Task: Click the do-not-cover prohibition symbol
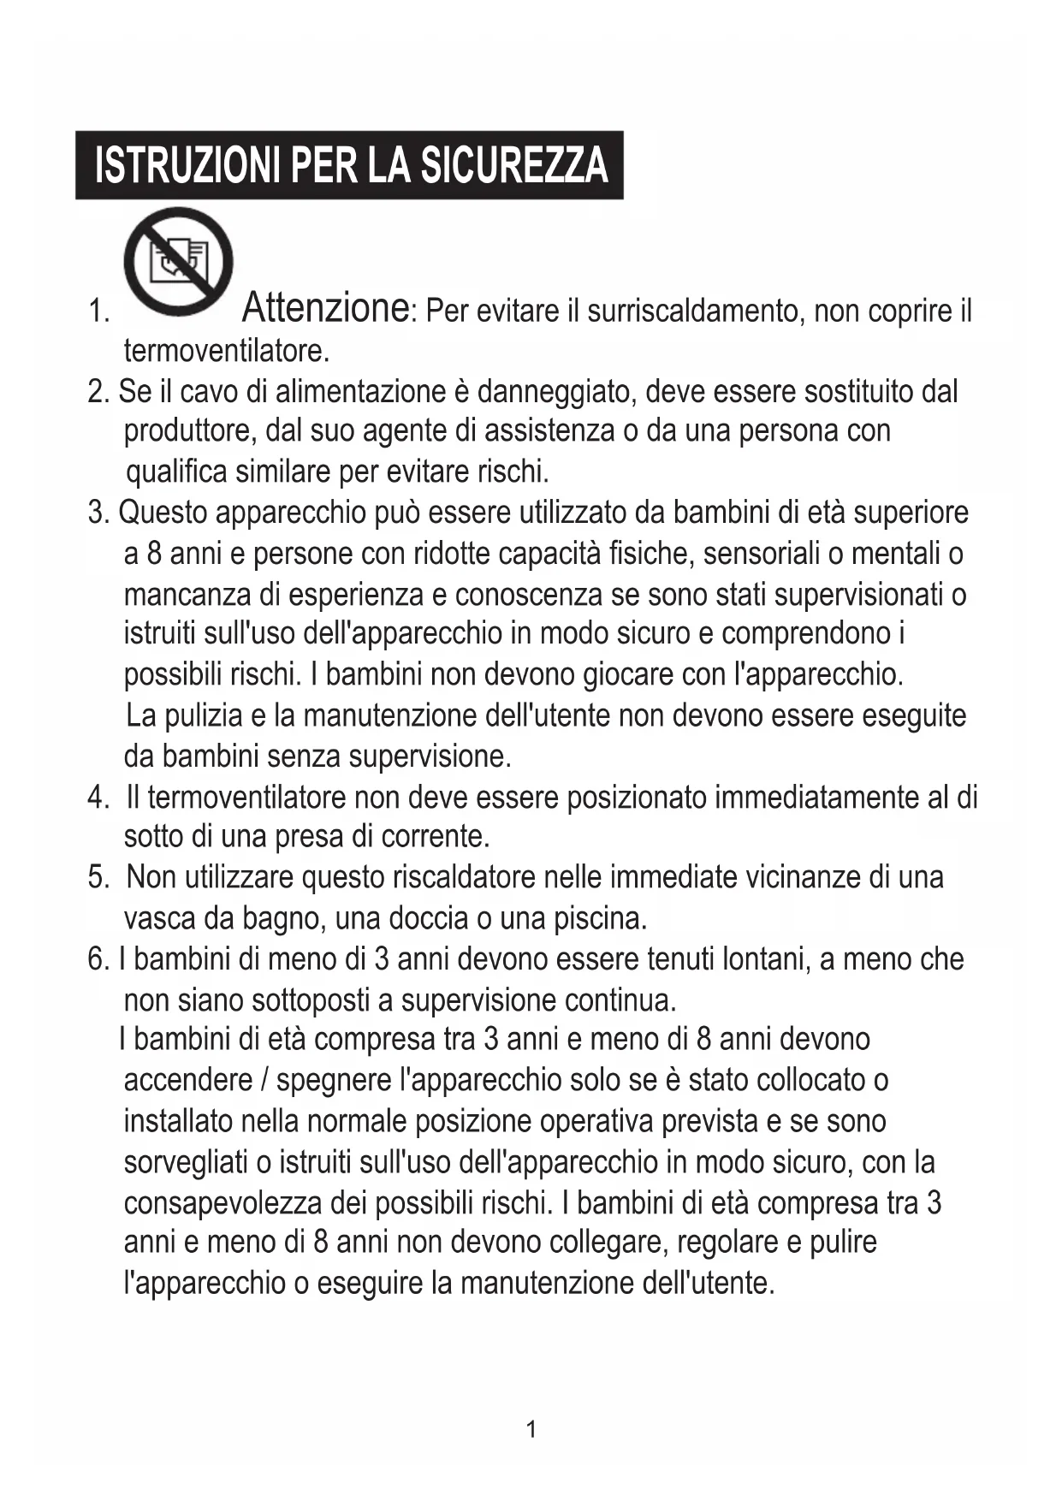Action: (x=178, y=262)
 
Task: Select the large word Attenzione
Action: (x=325, y=307)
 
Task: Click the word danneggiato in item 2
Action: (x=554, y=392)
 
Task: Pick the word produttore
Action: (x=189, y=430)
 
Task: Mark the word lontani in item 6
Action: (x=766, y=959)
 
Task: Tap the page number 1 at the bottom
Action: (x=531, y=1429)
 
